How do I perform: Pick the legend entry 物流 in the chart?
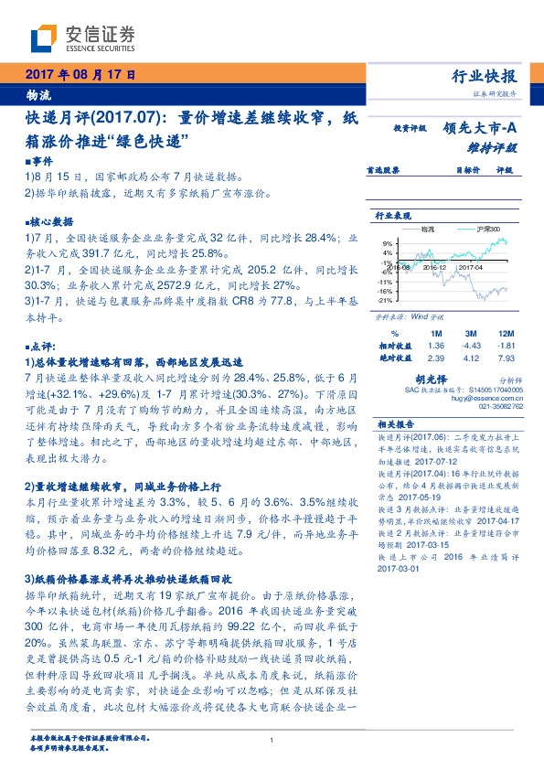point(428,227)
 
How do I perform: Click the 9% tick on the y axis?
point(387,242)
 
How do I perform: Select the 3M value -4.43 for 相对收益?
point(471,346)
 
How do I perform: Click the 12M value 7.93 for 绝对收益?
point(506,358)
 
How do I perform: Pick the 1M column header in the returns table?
point(436,333)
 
